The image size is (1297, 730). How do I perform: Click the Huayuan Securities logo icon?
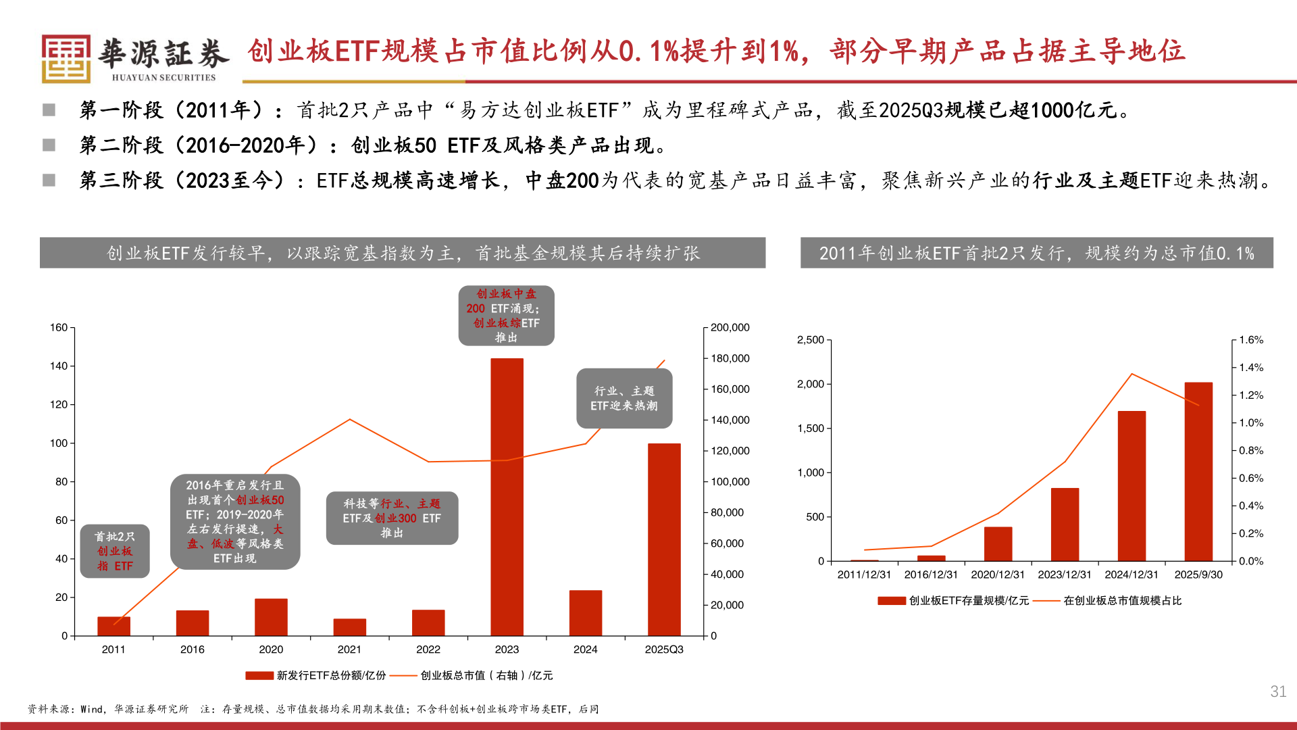pos(66,59)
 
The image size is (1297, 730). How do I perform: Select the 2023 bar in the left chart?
pos(507,497)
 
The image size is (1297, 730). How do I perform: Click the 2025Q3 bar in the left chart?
pos(663,539)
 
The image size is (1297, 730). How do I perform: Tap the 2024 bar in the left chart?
pos(585,613)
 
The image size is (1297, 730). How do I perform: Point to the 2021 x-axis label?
pos(349,650)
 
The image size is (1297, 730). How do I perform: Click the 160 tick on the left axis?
pos(59,328)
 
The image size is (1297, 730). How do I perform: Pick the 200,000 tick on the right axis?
pos(730,328)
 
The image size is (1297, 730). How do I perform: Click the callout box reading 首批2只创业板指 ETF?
pos(115,552)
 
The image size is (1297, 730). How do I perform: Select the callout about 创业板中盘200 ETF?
pos(506,316)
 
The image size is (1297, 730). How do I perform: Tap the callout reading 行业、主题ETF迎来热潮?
pos(624,399)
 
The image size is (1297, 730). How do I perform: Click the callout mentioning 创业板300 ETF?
pos(392,518)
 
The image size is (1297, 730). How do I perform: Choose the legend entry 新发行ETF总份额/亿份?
pos(316,675)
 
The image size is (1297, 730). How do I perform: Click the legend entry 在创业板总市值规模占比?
pos(1121,601)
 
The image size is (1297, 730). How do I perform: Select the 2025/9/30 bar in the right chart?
pos(1198,472)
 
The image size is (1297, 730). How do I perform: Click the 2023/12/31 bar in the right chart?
pos(1065,525)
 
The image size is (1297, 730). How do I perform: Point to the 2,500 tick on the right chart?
pos(810,340)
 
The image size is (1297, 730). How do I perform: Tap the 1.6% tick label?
pos(1251,340)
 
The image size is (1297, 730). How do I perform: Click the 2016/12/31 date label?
pos(931,575)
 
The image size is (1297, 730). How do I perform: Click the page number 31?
pos(1277,691)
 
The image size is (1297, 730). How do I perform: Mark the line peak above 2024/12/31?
pos(1131,374)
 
